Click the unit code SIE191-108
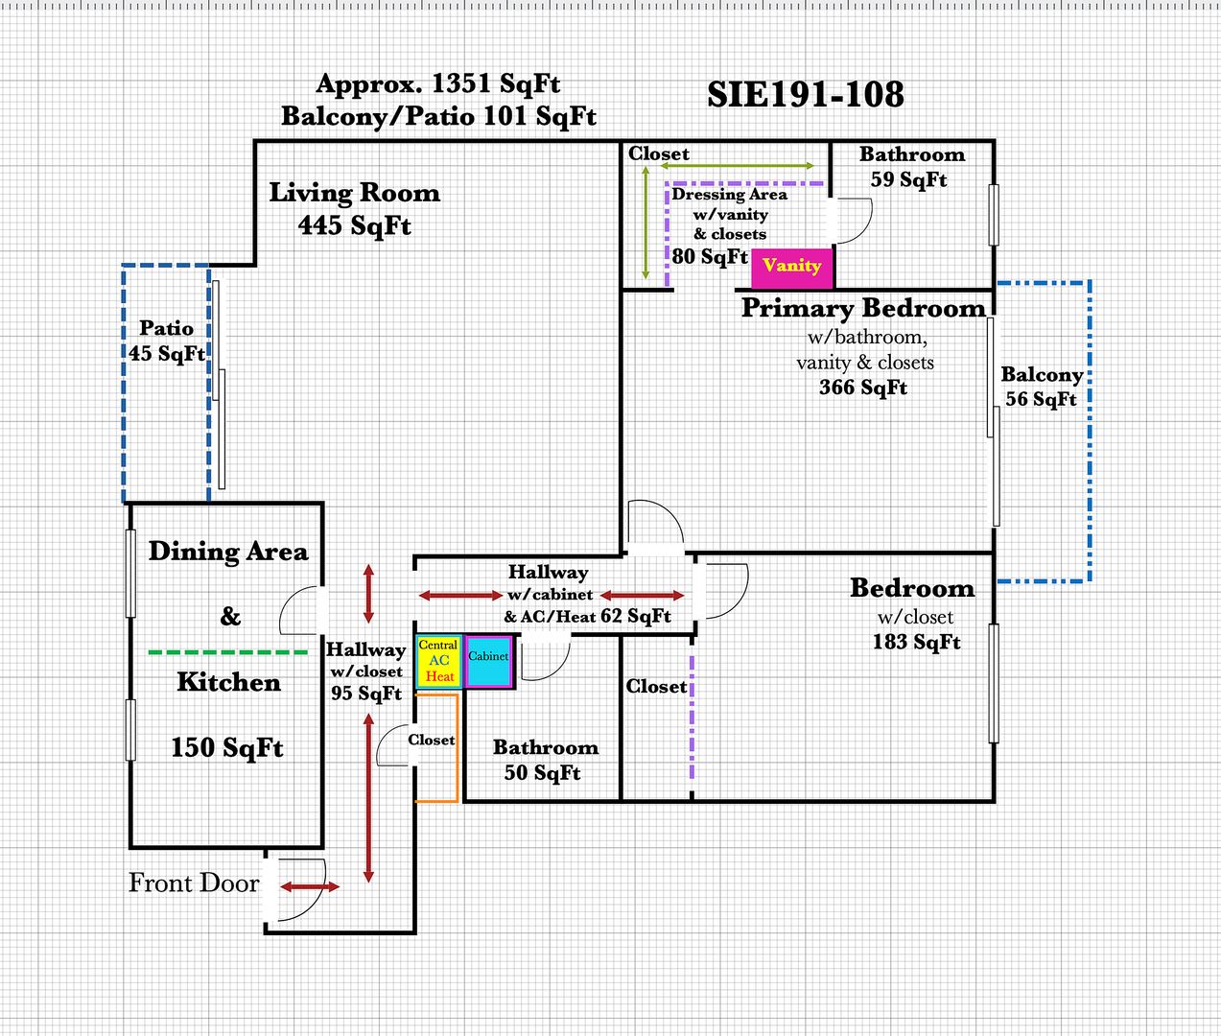(806, 94)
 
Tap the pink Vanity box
(792, 267)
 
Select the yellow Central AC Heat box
(439, 661)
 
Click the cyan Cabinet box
(488, 661)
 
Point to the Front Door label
(194, 883)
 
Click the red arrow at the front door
(309, 887)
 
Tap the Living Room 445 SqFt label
(354, 208)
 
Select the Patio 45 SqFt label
(166, 341)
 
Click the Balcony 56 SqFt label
(1042, 387)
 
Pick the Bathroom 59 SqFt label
(911, 167)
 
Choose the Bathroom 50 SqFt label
(545, 760)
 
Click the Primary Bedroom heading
(863, 309)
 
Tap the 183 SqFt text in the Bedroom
(916, 642)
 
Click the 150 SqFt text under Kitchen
(227, 747)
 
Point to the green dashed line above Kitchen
(227, 652)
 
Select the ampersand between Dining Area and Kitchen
(230, 616)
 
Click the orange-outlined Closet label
(432, 740)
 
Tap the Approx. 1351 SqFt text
(438, 84)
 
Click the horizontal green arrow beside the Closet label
(739, 167)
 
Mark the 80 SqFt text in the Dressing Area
(710, 256)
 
